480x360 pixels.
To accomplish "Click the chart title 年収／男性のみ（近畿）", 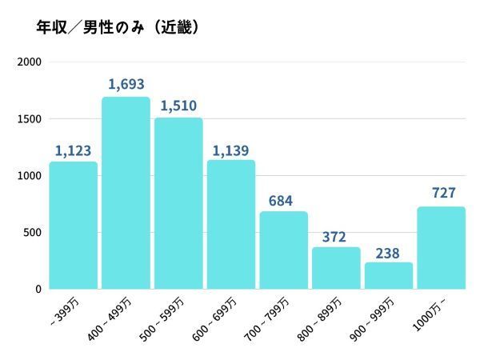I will coord(117,27).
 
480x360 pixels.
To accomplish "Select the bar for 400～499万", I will coord(126,193).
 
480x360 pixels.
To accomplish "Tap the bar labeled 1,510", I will coord(178,203).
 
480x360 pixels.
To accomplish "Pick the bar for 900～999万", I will coord(389,276).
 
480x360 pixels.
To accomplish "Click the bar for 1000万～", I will coord(441,248).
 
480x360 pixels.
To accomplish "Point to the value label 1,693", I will coord(126,84).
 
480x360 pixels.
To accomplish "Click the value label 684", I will coord(283,198).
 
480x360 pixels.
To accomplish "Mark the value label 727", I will coord(441,194).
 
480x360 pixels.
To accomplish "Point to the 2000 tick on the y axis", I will coord(30,62).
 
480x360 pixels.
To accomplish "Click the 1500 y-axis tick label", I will coord(30,119).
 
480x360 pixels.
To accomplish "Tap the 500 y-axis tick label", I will coord(33,233).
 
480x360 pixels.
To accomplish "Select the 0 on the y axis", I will coord(38,289).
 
